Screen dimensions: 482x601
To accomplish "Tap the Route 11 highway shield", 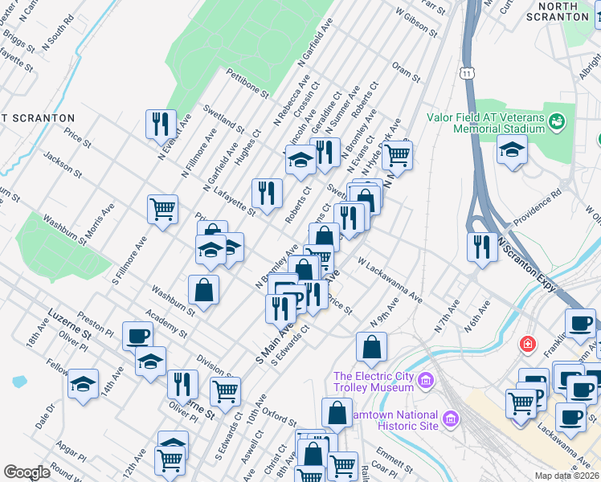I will pos(467,73).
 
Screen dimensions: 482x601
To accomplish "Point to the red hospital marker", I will pos(527,343).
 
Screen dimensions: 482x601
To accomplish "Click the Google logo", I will pos(27,472).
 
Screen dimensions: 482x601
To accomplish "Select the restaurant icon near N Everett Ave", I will pos(161,124).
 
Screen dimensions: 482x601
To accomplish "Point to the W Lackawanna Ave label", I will pos(390,280).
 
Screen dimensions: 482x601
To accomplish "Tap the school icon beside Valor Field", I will pos(511,149).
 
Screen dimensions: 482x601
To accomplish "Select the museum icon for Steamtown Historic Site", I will pos(450,419).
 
